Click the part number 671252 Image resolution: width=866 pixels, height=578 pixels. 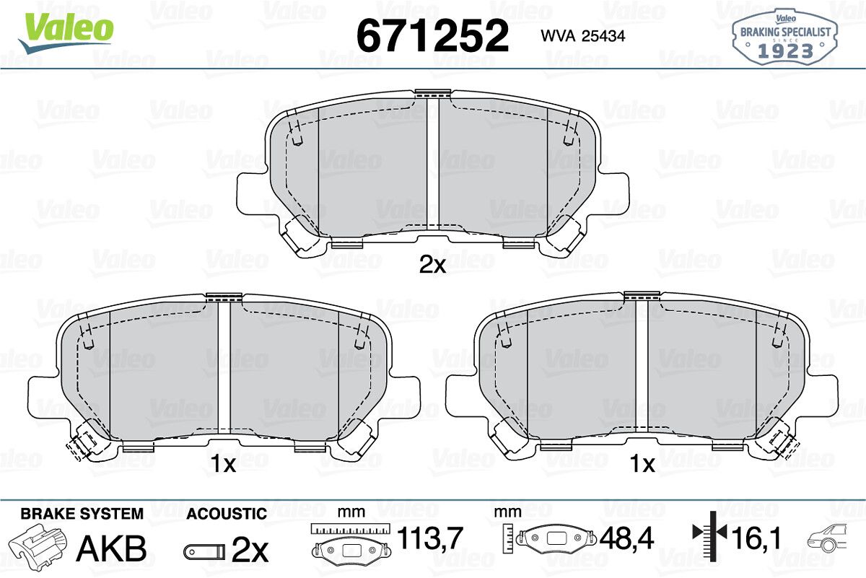pos(432,35)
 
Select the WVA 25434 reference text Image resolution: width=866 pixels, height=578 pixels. pos(583,36)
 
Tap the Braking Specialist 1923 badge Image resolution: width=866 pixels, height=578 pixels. pos(785,37)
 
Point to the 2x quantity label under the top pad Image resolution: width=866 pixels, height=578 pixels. pos(432,266)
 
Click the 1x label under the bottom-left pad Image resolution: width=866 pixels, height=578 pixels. pos(223,463)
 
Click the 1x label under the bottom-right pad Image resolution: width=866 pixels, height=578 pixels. pos(642,463)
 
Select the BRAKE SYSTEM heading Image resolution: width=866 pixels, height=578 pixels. pos(82,514)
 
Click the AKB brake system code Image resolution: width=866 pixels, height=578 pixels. pos(111,548)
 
